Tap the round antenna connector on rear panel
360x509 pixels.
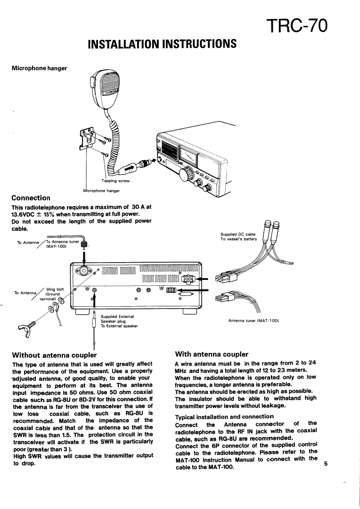pos(84,272)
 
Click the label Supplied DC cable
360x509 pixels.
pos(238,234)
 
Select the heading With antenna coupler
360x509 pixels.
pos(212,354)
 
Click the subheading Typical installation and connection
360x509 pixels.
pos(224,416)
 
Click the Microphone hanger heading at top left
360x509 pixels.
pos(39,69)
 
